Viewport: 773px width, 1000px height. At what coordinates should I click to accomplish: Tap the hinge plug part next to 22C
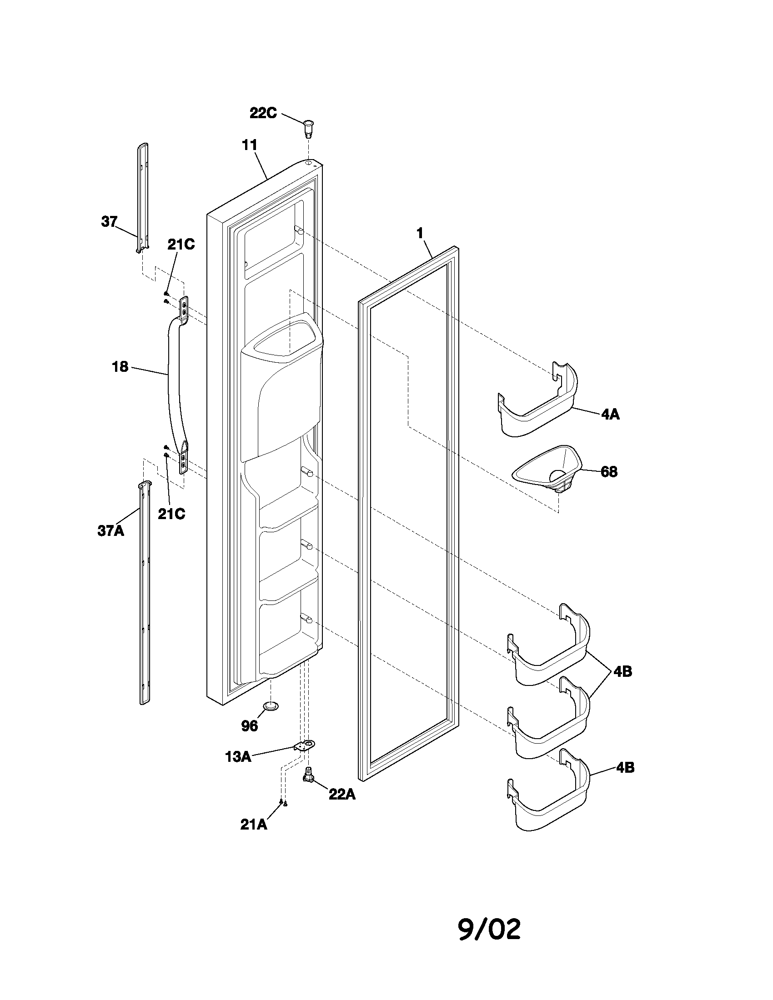pos(310,128)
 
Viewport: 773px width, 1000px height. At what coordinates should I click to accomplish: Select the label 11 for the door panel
pos(250,145)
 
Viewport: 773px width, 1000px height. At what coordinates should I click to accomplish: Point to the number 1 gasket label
pos(420,233)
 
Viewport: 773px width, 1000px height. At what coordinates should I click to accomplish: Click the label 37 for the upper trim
pos(109,222)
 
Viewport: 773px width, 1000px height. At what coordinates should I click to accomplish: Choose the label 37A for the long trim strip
pos(111,530)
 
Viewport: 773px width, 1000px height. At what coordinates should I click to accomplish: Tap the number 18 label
pos(120,367)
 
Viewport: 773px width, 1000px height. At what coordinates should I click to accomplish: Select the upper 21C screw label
pos(181,245)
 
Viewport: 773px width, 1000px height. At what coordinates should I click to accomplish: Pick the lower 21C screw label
pos(172,514)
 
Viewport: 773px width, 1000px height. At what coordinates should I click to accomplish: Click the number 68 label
pos(608,472)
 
